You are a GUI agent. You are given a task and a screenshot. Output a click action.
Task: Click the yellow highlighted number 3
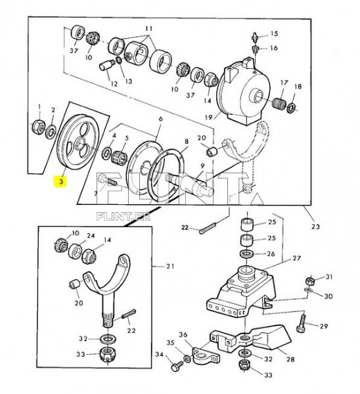(61, 181)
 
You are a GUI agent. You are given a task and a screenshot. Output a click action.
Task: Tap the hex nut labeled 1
(39, 126)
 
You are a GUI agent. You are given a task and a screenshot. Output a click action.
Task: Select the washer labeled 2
(51, 131)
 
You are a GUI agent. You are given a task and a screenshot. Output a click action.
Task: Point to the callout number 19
(209, 117)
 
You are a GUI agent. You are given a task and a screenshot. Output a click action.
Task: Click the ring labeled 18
(292, 107)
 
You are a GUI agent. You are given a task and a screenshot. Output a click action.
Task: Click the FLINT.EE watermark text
(124, 216)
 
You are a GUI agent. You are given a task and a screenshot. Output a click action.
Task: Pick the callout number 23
(315, 227)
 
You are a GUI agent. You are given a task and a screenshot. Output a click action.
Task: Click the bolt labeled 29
(301, 323)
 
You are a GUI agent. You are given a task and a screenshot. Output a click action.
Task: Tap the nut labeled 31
(309, 281)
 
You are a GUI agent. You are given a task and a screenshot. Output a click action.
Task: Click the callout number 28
(290, 359)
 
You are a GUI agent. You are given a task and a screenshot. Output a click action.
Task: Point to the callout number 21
(170, 266)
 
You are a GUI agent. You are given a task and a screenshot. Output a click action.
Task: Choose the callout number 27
(297, 258)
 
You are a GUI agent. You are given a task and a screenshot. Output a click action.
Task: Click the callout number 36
(183, 335)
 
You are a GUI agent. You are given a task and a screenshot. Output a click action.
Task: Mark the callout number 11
(149, 29)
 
